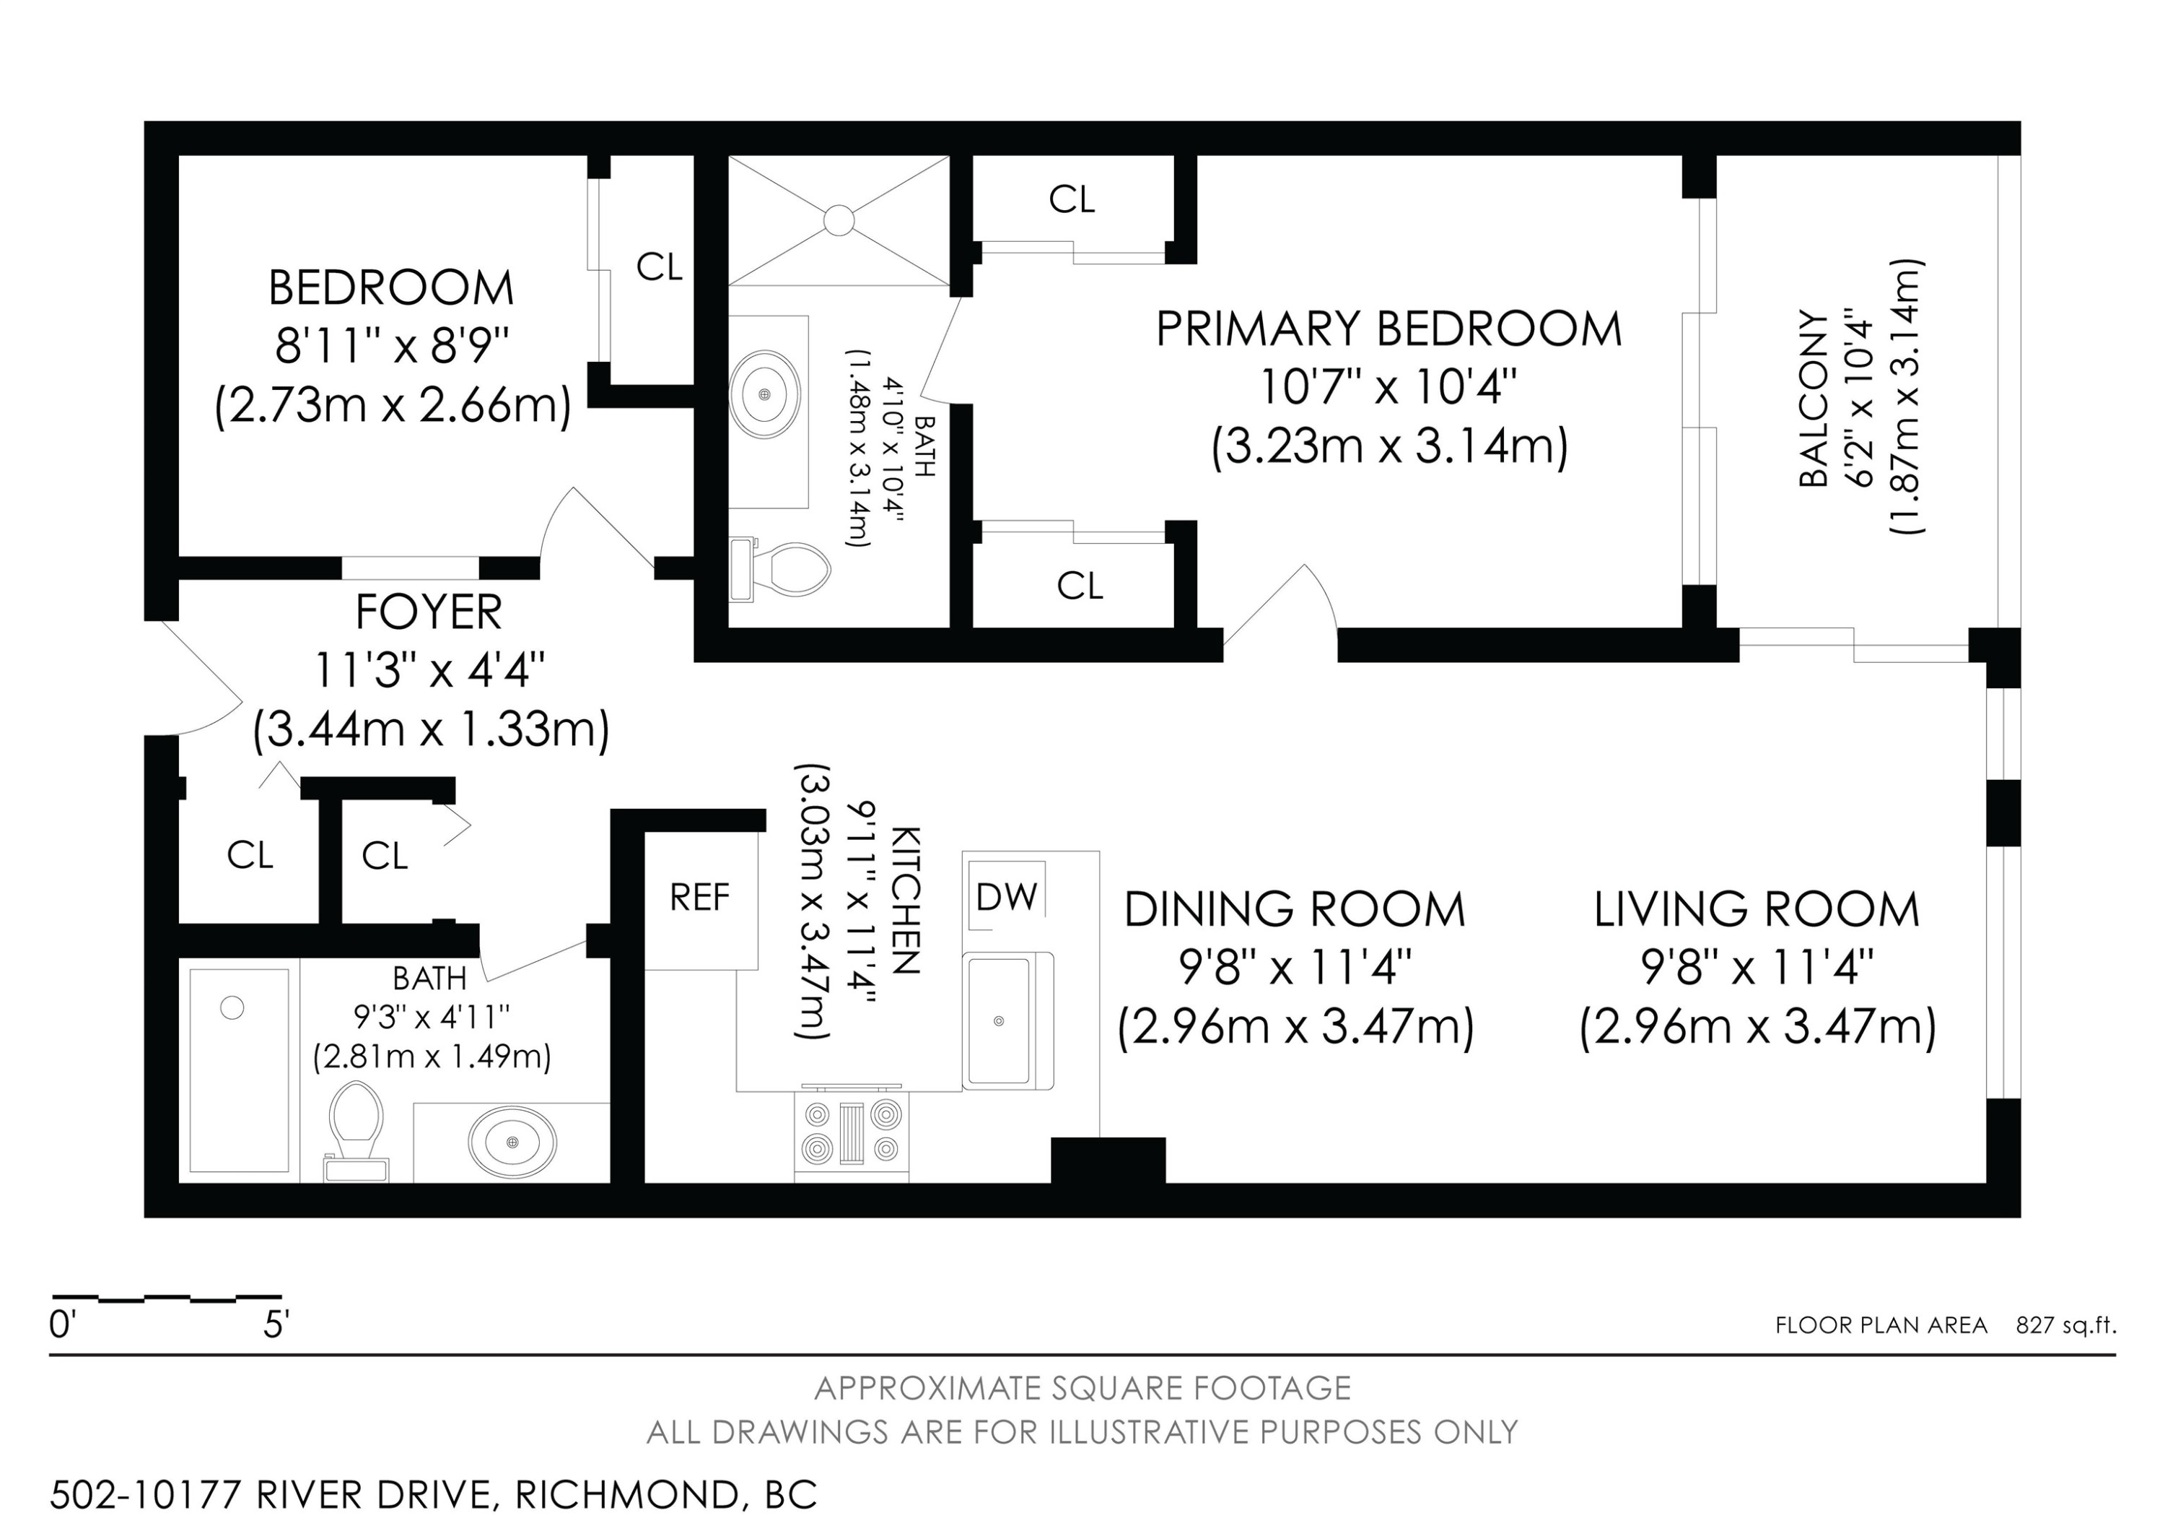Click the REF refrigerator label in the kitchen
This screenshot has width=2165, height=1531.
pyautogui.click(x=700, y=897)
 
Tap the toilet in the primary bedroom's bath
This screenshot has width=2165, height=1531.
pyautogui.click(x=781, y=569)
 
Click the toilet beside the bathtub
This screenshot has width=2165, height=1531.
pyautogui.click(x=356, y=1130)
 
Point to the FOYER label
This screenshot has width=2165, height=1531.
pyautogui.click(x=429, y=612)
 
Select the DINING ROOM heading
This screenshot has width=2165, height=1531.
pyautogui.click(x=1295, y=909)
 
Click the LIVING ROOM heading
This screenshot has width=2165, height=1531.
pyautogui.click(x=1757, y=909)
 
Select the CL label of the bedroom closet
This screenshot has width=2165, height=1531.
pyautogui.click(x=659, y=268)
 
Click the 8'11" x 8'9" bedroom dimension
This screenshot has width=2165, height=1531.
pyautogui.click(x=393, y=347)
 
